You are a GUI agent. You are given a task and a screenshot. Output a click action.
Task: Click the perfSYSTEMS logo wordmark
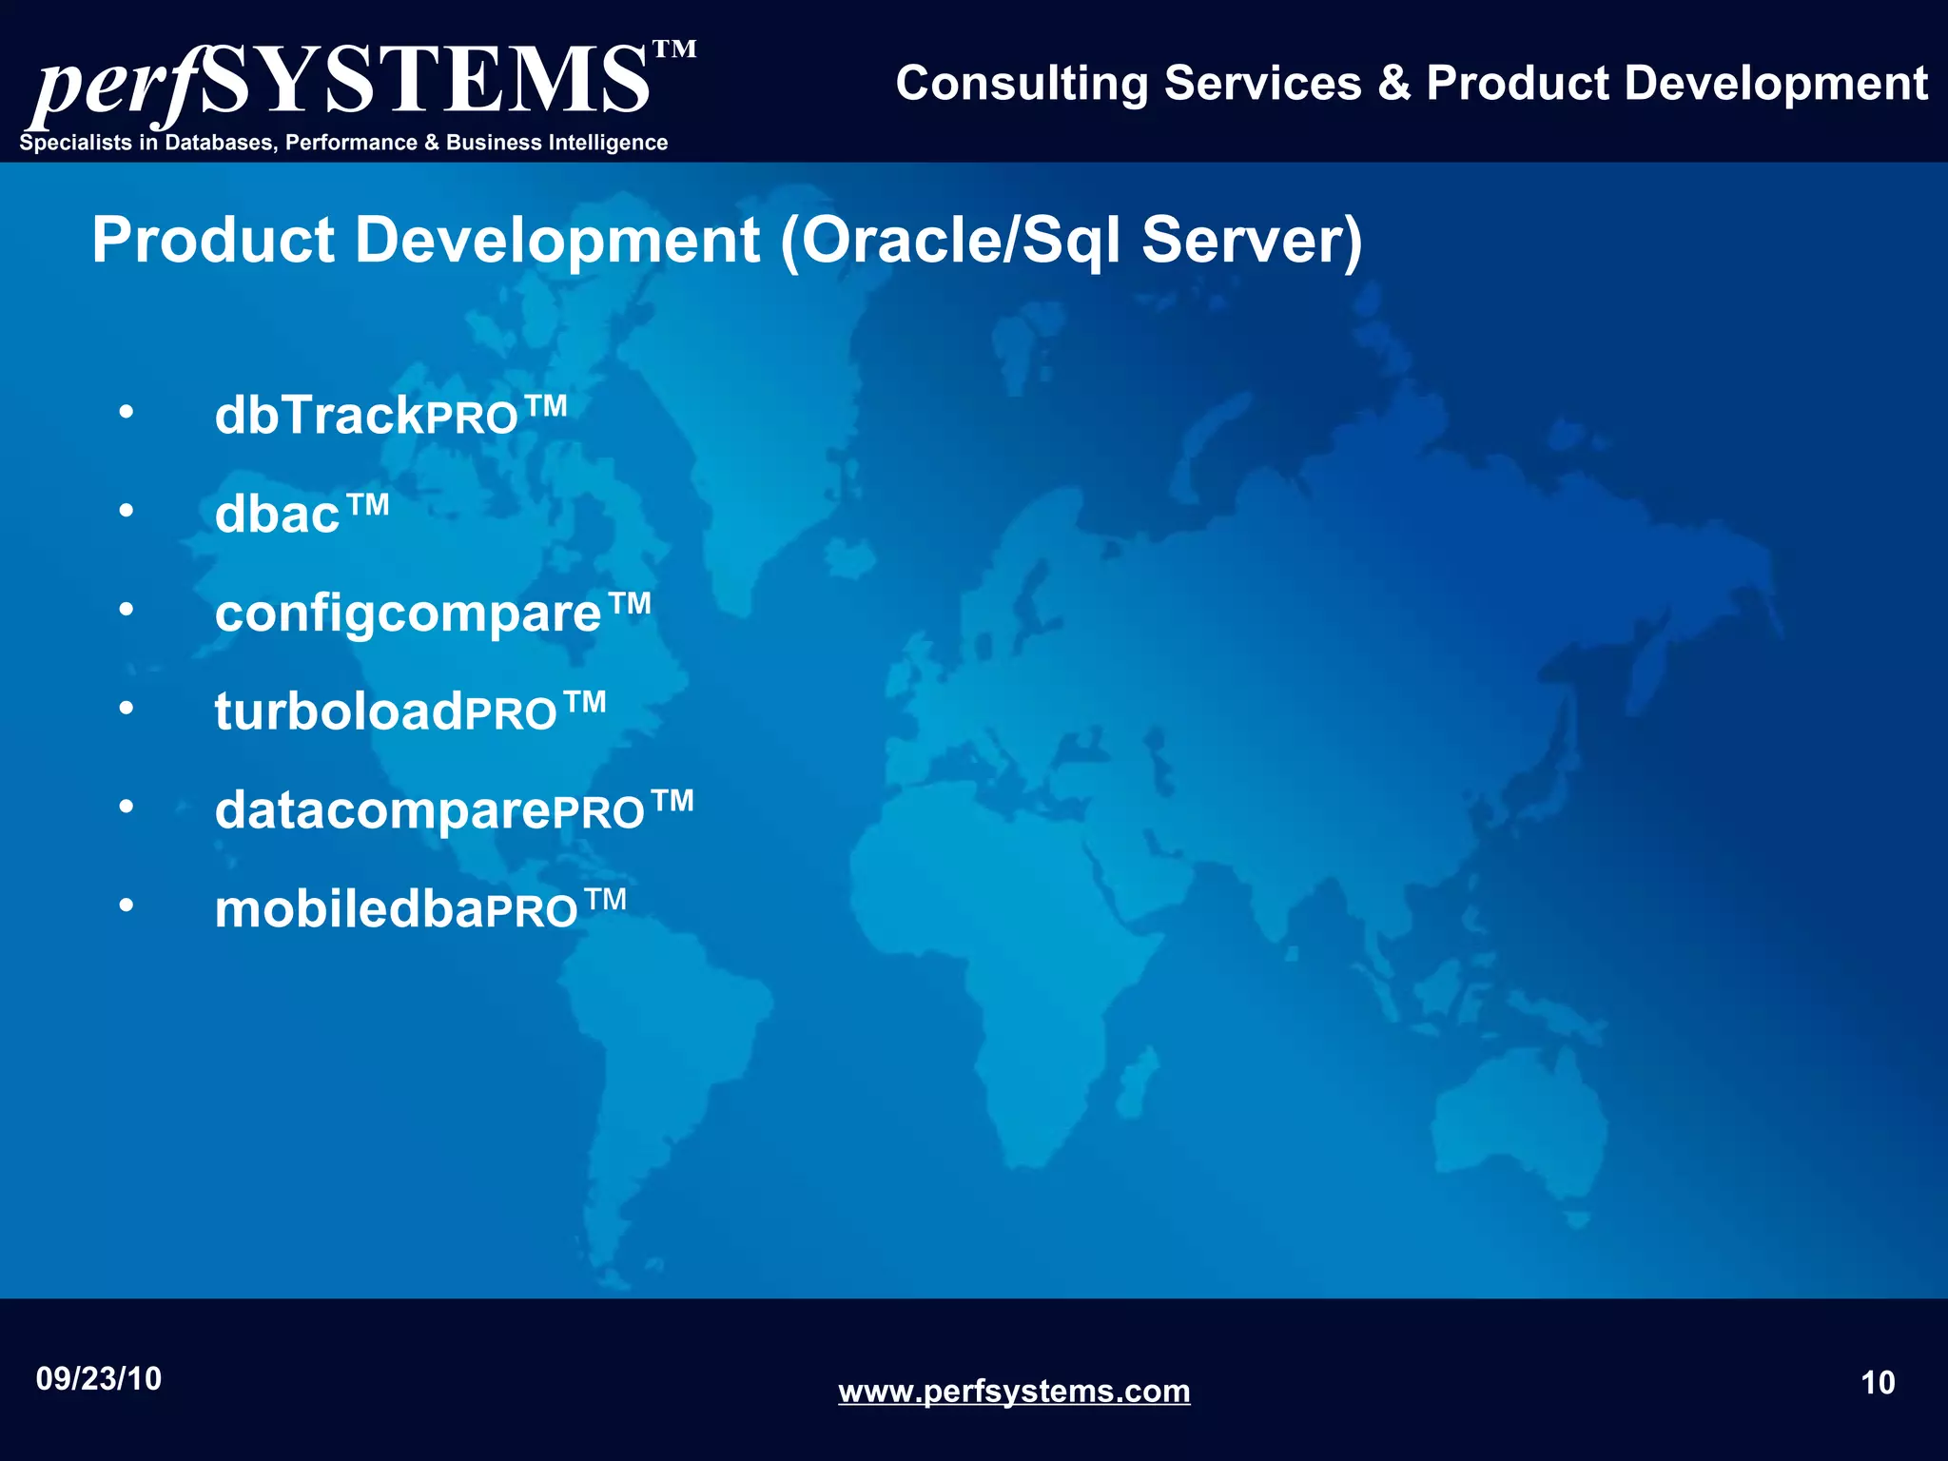coord(342,84)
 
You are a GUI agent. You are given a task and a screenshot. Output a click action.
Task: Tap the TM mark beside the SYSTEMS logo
coord(675,49)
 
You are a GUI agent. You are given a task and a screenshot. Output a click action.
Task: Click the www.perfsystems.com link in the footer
coord(1014,1392)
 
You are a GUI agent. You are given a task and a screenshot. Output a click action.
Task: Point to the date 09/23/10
coord(99,1379)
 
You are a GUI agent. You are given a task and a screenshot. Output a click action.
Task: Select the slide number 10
coord(1878,1383)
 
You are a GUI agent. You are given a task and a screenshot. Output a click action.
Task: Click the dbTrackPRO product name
coord(390,416)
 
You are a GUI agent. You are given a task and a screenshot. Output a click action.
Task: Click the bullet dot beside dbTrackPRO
coord(127,413)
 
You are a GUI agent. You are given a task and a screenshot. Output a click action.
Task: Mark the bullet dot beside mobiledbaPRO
coord(127,906)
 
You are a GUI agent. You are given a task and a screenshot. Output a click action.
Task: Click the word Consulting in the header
coord(1022,84)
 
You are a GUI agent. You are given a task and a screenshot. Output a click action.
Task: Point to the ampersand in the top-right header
coord(1393,84)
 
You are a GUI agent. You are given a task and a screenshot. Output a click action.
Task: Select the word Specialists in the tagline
coord(75,143)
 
